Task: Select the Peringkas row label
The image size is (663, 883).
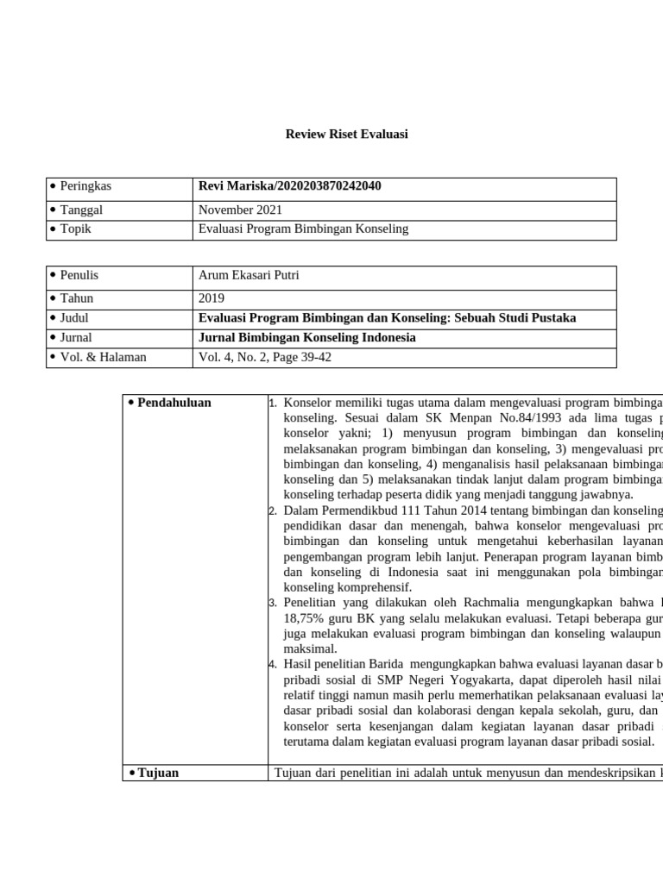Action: (85, 186)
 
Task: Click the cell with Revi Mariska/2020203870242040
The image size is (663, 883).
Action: (289, 186)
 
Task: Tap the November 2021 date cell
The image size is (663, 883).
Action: (240, 210)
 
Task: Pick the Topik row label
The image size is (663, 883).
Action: (76, 229)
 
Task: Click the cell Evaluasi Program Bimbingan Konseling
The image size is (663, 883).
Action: (303, 229)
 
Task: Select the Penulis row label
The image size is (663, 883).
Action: (79, 275)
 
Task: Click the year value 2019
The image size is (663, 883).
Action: (212, 298)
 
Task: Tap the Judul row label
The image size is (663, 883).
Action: (74, 317)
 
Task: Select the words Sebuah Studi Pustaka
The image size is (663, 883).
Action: (512, 317)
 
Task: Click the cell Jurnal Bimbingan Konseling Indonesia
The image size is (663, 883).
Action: (306, 337)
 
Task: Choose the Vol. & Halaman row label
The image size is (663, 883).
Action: (103, 357)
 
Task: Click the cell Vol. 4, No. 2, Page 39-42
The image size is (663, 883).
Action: (265, 357)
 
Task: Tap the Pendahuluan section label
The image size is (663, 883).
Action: (174, 403)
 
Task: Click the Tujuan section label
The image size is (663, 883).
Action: (158, 773)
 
